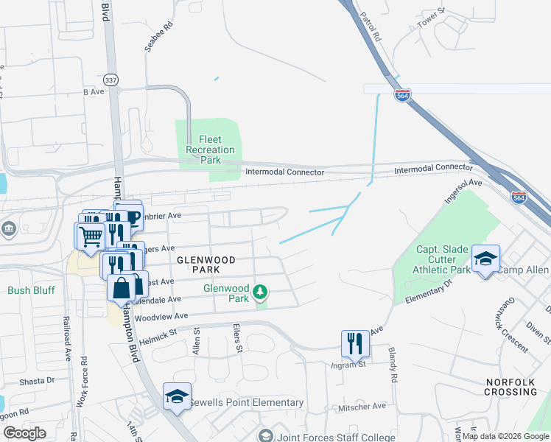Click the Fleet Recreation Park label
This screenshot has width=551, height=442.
(x=210, y=150)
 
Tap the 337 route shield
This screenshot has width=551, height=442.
(x=110, y=80)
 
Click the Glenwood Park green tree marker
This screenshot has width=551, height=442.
(x=259, y=292)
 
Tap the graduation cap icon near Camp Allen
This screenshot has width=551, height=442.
(x=485, y=259)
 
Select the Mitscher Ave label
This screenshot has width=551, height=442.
(x=362, y=406)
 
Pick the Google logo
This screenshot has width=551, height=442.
(x=24, y=433)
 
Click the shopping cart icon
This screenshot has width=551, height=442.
(x=90, y=236)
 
